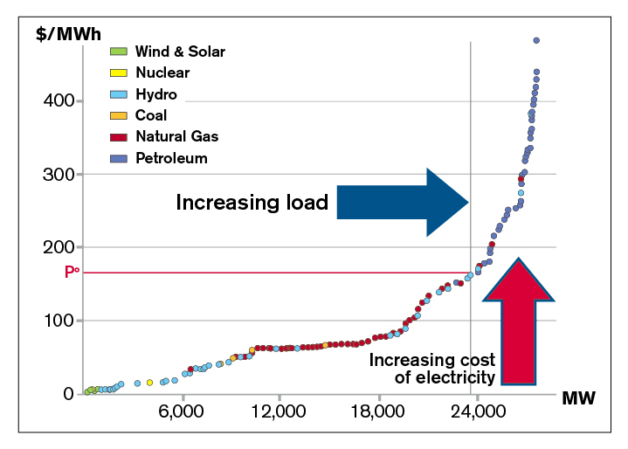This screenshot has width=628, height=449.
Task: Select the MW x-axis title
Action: click(x=577, y=399)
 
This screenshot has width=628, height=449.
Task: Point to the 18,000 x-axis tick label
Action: click(x=378, y=411)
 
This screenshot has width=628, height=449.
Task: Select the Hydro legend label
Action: click(x=156, y=93)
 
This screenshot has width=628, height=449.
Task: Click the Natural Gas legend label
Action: click(x=177, y=136)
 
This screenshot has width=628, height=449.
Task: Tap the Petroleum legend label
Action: click(x=171, y=157)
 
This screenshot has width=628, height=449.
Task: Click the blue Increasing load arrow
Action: click(x=402, y=203)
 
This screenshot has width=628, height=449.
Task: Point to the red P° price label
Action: click(x=72, y=273)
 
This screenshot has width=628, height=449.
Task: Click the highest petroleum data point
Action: click(x=536, y=40)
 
